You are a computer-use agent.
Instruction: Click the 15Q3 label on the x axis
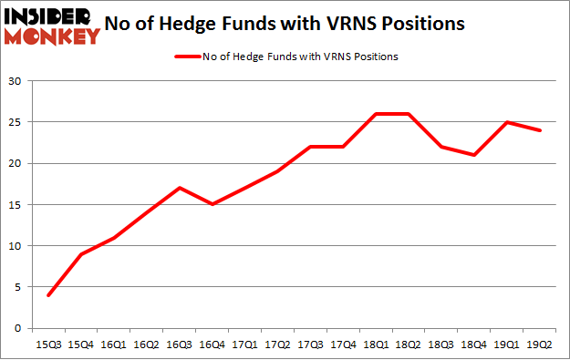pyautogui.click(x=47, y=345)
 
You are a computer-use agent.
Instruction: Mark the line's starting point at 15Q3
pyautogui.click(x=47, y=295)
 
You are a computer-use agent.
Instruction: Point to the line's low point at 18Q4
pyautogui.click(x=473, y=155)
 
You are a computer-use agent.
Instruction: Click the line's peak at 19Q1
pyautogui.click(x=505, y=122)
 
